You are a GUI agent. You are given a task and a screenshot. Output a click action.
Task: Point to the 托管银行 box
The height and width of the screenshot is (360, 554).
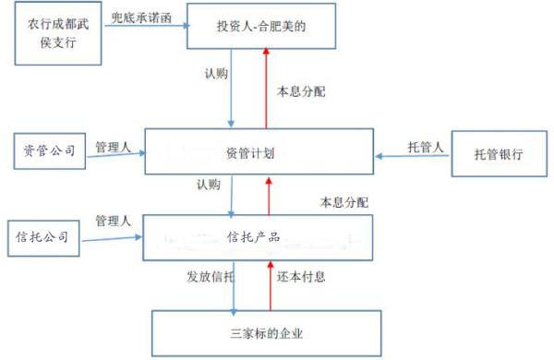(x=498, y=153)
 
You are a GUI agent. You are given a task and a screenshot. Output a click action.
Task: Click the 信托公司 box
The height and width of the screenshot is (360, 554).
(x=42, y=236)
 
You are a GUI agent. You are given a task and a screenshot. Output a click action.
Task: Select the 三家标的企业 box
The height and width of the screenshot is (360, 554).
(x=265, y=333)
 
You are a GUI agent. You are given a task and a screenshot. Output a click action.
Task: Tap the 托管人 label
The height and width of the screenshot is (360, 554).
(x=427, y=146)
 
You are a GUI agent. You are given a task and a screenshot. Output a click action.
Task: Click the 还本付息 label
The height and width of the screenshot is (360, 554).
(x=301, y=275)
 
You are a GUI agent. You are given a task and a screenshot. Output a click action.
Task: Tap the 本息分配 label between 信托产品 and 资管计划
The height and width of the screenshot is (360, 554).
(x=343, y=201)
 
